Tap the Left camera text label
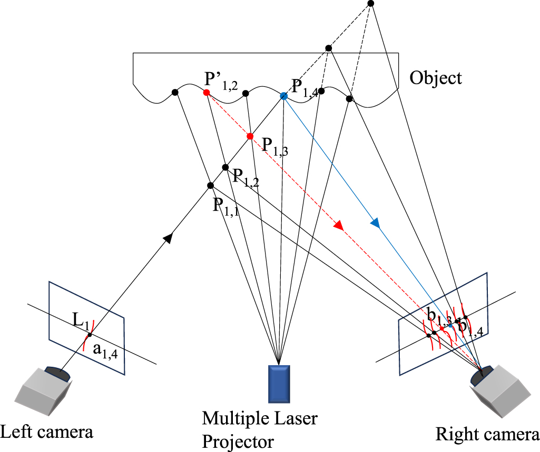click(47, 433)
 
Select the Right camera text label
click(487, 435)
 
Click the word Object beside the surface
click(436, 79)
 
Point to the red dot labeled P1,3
click(250, 136)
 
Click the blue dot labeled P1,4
click(283, 96)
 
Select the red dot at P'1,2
click(207, 93)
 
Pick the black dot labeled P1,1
click(210, 185)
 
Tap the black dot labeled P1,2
click(225, 167)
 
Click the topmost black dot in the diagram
click(370, 4)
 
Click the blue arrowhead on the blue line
click(375, 223)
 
